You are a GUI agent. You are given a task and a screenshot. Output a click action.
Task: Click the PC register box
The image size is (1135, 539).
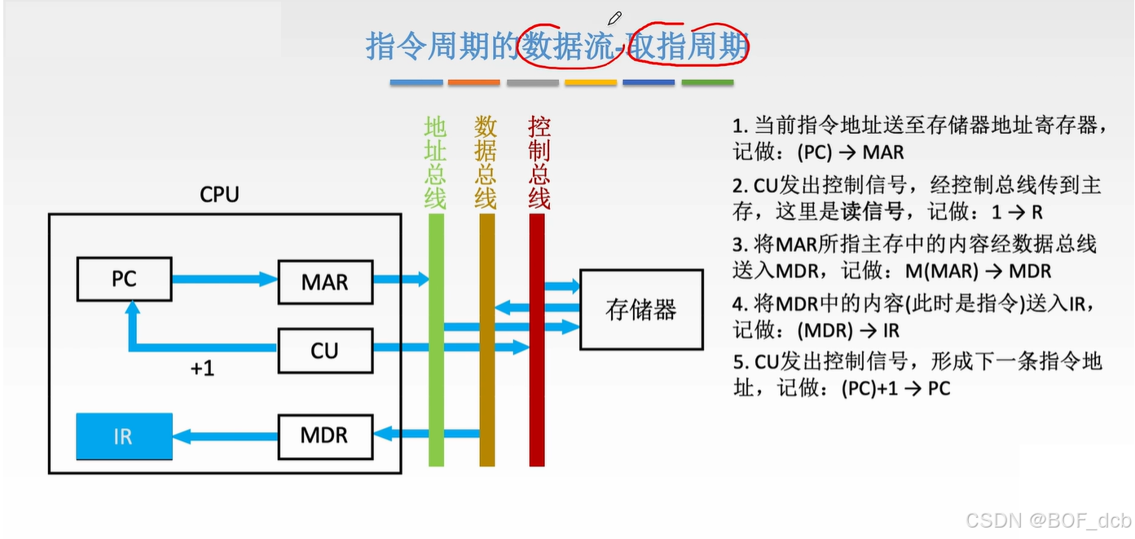[124, 279]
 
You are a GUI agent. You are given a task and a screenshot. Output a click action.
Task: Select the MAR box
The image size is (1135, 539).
[324, 282]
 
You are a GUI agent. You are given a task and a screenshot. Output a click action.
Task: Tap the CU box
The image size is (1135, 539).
[324, 351]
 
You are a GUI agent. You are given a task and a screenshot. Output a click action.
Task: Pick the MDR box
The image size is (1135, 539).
[324, 435]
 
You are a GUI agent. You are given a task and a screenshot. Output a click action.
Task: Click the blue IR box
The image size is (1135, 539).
[124, 436]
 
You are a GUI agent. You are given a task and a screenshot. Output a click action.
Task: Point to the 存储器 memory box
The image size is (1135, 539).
[640, 309]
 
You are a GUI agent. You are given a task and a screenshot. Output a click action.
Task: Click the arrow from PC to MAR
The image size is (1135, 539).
[224, 279]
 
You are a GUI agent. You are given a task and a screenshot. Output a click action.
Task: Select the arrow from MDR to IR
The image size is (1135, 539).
[224, 436]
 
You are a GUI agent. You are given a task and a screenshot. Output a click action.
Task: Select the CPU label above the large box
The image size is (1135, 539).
[219, 195]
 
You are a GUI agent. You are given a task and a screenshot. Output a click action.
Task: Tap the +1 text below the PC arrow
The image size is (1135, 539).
[202, 369]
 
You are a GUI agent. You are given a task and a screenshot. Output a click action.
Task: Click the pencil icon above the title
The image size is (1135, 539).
[614, 17]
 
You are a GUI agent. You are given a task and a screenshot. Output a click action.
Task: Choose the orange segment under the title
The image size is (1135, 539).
[473, 82]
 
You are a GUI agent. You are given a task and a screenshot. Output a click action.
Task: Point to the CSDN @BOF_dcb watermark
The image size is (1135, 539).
[1048, 520]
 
